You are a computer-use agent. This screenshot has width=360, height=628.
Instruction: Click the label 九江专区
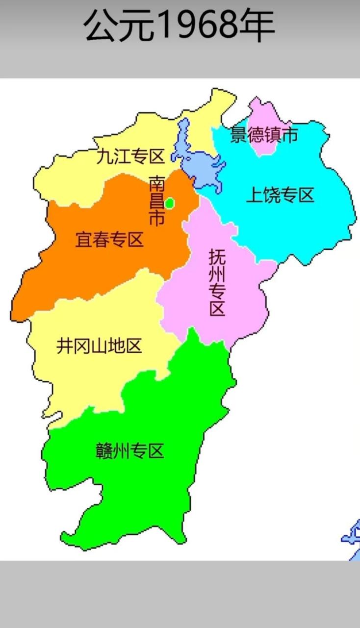(129, 157)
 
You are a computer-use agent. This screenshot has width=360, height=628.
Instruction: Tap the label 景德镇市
(264, 134)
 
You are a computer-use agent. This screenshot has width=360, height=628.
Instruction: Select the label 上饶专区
(280, 195)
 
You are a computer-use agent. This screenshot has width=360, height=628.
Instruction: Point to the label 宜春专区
(109, 239)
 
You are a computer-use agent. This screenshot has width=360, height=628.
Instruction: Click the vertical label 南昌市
(157, 201)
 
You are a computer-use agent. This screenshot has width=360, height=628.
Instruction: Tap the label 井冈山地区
(99, 346)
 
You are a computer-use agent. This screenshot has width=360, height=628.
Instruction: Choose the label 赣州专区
(129, 450)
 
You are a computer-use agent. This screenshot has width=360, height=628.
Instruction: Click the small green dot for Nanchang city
(169, 202)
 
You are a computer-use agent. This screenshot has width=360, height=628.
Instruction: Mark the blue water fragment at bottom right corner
(352, 540)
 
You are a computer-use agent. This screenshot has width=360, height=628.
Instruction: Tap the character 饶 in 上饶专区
(271, 195)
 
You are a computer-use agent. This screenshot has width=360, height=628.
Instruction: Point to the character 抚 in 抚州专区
(217, 257)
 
